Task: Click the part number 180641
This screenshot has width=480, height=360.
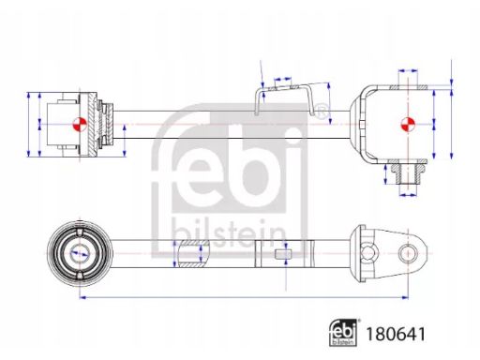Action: [396, 334]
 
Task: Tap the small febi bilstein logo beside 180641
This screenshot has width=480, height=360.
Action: [343, 332]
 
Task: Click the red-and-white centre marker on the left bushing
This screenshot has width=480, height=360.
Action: [80, 125]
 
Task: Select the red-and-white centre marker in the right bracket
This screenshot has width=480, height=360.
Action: [408, 125]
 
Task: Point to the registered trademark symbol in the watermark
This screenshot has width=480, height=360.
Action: [321, 112]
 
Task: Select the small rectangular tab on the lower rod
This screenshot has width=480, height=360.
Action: [283, 254]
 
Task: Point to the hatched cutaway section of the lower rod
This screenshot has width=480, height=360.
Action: [191, 253]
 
